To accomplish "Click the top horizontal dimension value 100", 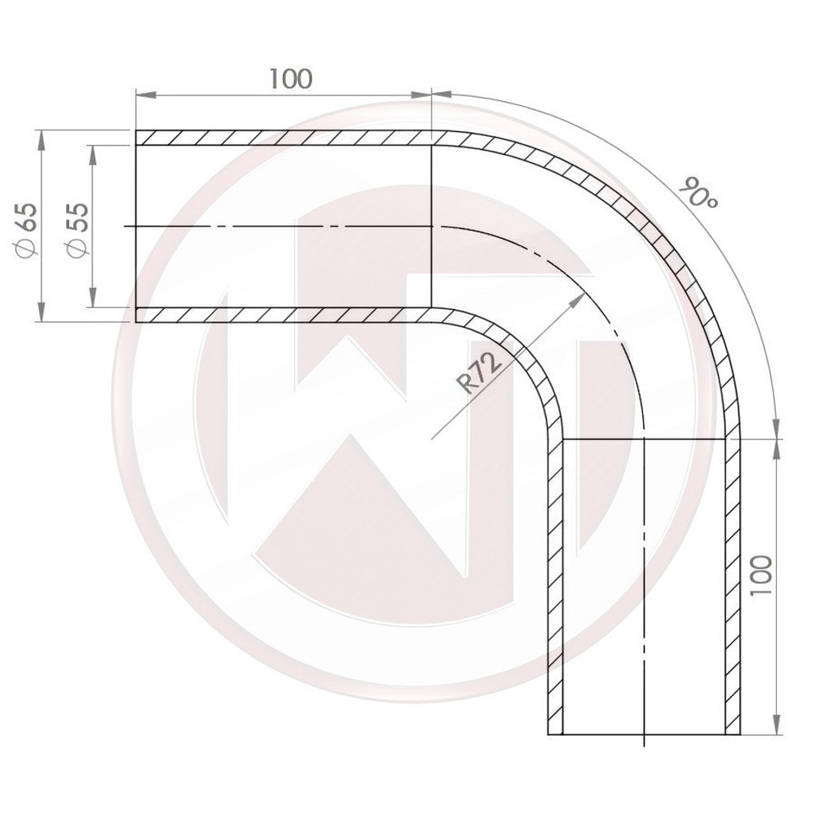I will [x=290, y=79].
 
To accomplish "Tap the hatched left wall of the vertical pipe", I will [x=554, y=587].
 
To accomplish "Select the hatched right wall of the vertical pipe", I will [x=733, y=587].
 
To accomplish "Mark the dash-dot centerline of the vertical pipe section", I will [x=644, y=587].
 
